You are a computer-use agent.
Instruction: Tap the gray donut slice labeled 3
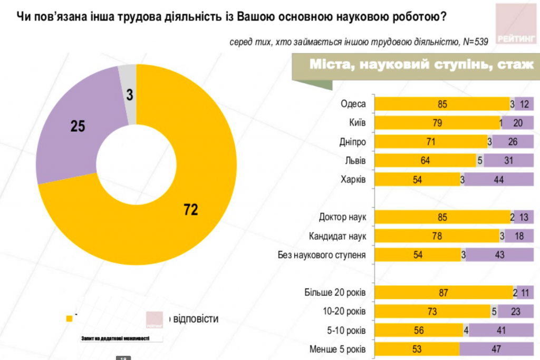(128, 94)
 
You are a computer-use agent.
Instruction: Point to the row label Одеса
(353, 104)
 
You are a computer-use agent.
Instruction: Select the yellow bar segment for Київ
(437, 123)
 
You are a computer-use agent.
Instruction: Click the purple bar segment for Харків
(498, 180)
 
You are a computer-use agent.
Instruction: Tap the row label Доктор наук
(342, 217)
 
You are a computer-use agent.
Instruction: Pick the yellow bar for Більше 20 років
(443, 293)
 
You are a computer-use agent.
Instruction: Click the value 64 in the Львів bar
(426, 161)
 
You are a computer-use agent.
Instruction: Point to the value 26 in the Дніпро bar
(512, 142)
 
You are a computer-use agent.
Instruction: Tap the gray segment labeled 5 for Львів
(480, 161)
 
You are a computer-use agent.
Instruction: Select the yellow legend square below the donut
(68, 318)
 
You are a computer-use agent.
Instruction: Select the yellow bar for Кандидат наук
(437, 236)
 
